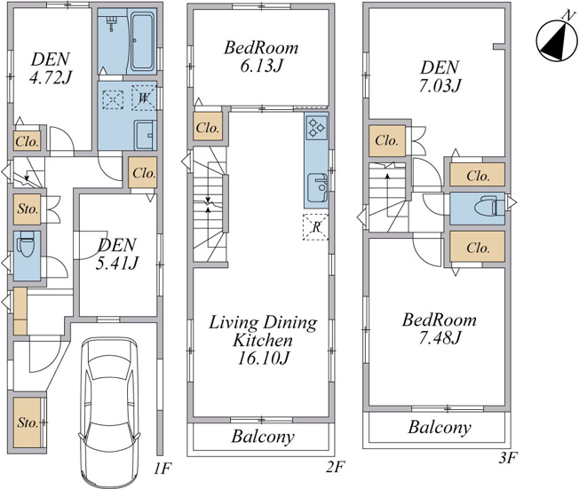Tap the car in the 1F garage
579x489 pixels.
[109, 413]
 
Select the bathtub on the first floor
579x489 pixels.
[143, 42]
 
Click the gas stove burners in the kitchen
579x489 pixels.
[316, 127]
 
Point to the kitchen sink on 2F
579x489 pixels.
[317, 188]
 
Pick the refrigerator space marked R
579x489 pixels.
[316, 227]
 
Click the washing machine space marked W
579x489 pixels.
[144, 98]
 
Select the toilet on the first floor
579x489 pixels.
[26, 243]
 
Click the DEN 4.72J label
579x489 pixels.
[50, 68]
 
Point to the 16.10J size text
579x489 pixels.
[262, 358]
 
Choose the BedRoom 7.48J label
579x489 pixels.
[440, 328]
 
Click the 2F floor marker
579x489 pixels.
[336, 468]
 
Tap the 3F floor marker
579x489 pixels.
[508, 458]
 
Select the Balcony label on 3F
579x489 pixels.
[440, 428]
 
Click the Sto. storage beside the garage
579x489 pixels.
[27, 422]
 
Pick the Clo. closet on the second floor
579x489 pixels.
[208, 127]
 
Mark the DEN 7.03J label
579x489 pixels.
[440, 76]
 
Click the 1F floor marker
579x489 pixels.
[163, 469]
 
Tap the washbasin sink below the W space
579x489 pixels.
[145, 134]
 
